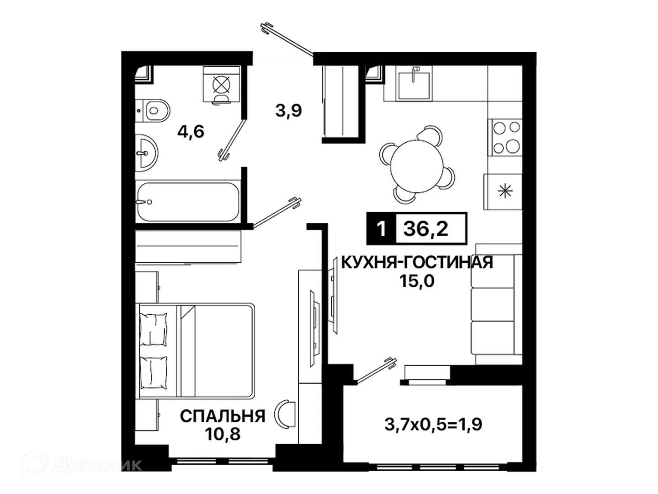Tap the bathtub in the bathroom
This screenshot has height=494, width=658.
[188, 202]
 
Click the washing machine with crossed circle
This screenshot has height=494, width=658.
[221, 85]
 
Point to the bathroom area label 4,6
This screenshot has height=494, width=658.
[191, 132]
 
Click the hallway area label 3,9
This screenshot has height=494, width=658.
[288, 111]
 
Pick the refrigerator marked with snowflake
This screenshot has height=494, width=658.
[503, 191]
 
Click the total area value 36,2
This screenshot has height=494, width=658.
[426, 229]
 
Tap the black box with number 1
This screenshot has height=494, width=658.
[381, 229]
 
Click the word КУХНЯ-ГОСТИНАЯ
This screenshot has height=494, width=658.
[417, 262]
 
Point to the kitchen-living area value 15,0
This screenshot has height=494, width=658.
[417, 281]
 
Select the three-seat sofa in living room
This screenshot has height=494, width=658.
[497, 310]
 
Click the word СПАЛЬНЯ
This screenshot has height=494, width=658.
[223, 416]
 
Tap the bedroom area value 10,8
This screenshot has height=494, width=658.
[223, 434]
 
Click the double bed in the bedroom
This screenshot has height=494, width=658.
[195, 351]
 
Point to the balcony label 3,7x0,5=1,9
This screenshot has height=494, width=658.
[433, 424]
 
